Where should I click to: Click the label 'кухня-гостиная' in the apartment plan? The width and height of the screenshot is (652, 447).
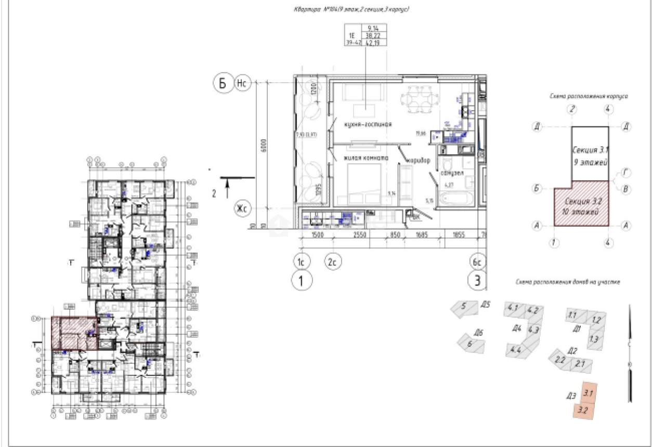(367, 125)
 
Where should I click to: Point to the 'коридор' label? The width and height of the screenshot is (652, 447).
(419, 161)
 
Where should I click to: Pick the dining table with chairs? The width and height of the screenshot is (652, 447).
(420, 99)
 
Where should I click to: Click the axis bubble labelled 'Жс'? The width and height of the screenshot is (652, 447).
(242, 209)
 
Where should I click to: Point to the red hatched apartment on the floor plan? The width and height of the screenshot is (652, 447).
(74, 333)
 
